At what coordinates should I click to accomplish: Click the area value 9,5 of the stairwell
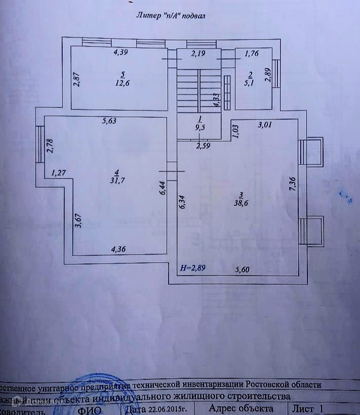(x=200, y=128)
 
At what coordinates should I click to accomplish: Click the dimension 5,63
(x=109, y=120)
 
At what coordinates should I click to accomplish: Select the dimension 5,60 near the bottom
(x=244, y=269)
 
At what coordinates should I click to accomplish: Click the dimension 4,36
(x=120, y=248)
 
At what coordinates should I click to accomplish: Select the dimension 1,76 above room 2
(x=252, y=53)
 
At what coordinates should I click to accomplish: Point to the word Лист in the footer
(x=304, y=408)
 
